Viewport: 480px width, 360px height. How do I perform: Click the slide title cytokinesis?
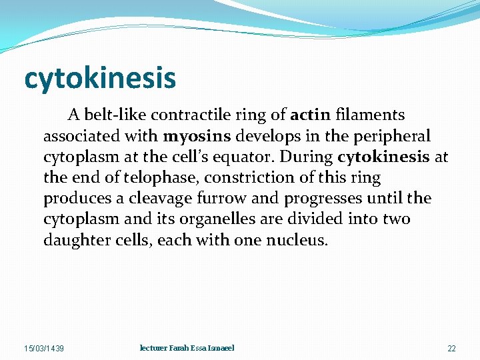click(100, 78)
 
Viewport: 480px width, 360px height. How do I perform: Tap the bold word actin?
click(310, 116)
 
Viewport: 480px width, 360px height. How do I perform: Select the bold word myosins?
click(196, 137)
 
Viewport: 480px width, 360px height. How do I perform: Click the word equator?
click(245, 157)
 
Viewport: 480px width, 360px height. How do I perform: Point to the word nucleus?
click(298, 240)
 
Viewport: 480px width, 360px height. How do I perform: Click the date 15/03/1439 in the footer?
click(44, 349)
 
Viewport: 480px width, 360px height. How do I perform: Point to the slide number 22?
click(451, 349)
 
